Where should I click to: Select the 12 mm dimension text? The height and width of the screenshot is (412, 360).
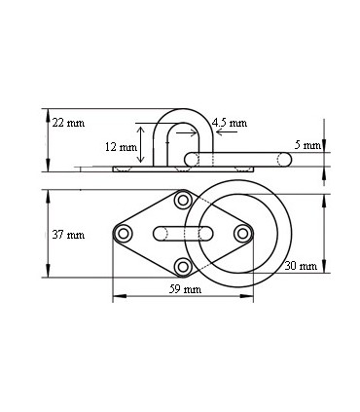122,146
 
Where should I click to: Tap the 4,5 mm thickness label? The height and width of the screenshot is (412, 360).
229,123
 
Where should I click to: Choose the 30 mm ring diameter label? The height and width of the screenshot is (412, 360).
302,265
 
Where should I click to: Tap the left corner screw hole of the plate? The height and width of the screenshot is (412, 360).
123,234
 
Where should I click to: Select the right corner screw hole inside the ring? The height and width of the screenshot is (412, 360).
242,234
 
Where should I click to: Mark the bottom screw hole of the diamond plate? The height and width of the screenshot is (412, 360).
182,267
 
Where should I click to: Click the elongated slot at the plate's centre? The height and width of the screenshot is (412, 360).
182,234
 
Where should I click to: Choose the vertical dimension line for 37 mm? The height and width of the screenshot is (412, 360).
47,234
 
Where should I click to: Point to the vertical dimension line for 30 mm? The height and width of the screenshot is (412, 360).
324,234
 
